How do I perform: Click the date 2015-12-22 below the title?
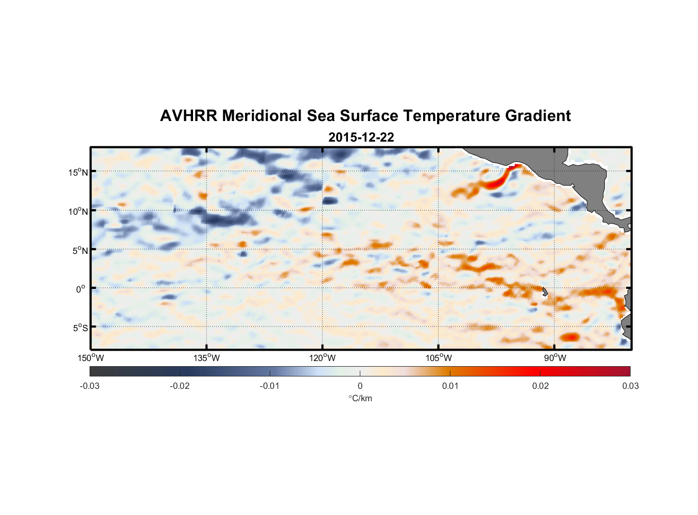[x=361, y=138]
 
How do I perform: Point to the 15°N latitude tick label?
[x=78, y=172]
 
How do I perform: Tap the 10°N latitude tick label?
[x=78, y=211]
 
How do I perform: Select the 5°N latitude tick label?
[x=80, y=250]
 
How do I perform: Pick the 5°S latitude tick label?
[x=80, y=328]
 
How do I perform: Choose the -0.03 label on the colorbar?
[x=90, y=386]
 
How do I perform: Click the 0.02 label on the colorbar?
[x=540, y=386]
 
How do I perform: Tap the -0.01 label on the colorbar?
[x=270, y=386]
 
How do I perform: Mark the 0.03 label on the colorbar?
[x=630, y=386]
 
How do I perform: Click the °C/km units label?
[x=360, y=399]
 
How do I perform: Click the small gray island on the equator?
[x=545, y=292]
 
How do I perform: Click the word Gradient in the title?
[x=538, y=116]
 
